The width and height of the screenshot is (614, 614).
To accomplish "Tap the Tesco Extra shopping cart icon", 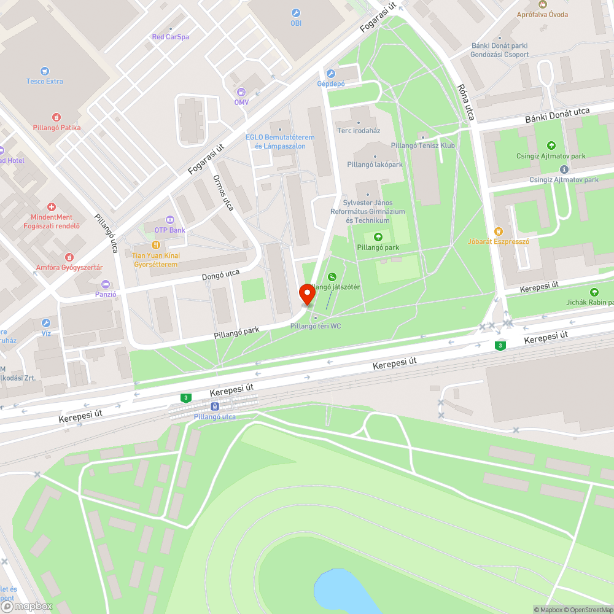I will pos(44,71).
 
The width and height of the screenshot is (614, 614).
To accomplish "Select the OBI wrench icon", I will pos(296,13).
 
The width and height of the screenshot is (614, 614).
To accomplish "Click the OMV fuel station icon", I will pos(240,92).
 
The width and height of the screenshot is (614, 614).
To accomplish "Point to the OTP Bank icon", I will pos(169,220).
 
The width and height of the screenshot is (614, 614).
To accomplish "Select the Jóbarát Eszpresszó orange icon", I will pos(499,231).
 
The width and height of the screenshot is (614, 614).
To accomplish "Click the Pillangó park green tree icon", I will pos(378,237).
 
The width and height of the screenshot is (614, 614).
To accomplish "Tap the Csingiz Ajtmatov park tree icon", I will pos(551,146).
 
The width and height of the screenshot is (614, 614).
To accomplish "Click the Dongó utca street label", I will pos(220,276).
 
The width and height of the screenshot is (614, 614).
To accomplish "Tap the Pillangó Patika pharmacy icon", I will pos(56,117).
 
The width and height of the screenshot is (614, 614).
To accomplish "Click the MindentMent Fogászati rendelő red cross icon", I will pos(52,207).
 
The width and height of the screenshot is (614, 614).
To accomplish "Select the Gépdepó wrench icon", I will pos(331,74).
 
